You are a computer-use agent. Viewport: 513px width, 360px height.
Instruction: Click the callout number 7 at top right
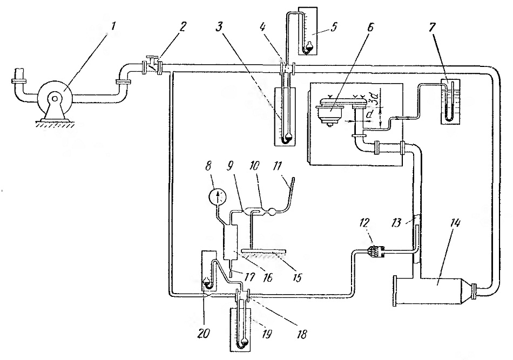point(433,28)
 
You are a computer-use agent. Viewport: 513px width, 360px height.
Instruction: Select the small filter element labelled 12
point(376,252)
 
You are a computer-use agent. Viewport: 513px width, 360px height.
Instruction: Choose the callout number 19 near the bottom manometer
point(267,335)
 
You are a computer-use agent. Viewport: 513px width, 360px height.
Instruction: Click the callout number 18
point(302,335)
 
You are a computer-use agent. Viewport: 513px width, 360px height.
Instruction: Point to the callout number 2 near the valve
point(182,26)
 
